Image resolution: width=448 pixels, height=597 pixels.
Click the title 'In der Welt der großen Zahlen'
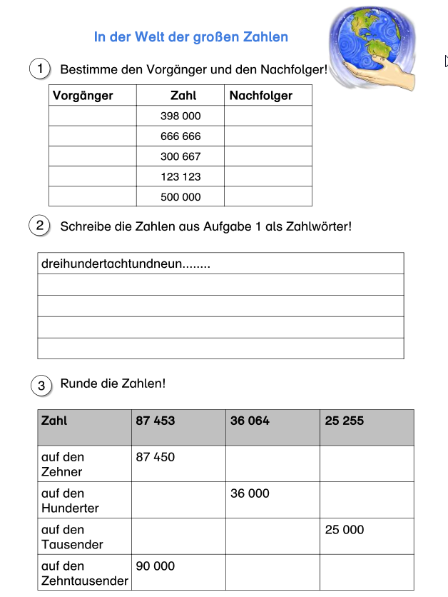pyautogui.click(x=191, y=36)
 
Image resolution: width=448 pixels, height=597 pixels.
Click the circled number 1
pyautogui.click(x=41, y=69)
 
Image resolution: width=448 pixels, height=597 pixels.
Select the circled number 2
pyautogui.click(x=40, y=226)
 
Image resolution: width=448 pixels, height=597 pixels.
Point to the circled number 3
pyautogui.click(x=41, y=386)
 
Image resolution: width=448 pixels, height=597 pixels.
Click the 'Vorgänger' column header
pyautogui.click(x=83, y=96)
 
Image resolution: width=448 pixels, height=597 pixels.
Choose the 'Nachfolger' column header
pyautogui.click(x=261, y=96)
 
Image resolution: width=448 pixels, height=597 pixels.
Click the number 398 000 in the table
pyautogui.click(x=180, y=116)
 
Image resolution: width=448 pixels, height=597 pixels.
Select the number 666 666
pyautogui.click(x=180, y=136)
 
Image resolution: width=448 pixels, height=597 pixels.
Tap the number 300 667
pyautogui.click(x=180, y=156)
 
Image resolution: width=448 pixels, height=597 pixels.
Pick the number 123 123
pyautogui.click(x=180, y=176)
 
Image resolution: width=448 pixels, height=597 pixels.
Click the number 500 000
pyautogui.click(x=180, y=196)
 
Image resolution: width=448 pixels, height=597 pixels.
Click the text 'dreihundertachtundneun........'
pyautogui.click(x=126, y=264)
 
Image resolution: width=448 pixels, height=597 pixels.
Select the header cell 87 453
pyautogui.click(x=156, y=421)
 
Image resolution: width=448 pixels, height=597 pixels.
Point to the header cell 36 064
pyautogui.click(x=250, y=421)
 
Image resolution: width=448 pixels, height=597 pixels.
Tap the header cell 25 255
pyautogui.click(x=344, y=421)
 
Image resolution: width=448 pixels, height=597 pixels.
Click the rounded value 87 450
pyautogui.click(x=156, y=457)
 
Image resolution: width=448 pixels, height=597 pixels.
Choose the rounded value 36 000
pyautogui.click(x=250, y=493)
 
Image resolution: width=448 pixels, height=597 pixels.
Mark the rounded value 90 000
pyautogui.click(x=156, y=566)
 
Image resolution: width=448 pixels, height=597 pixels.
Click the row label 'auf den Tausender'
pyautogui.click(x=73, y=537)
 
